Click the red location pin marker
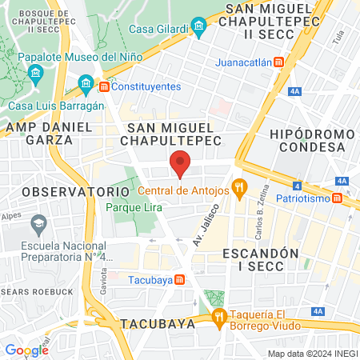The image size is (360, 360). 181,162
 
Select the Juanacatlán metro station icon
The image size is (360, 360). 278,62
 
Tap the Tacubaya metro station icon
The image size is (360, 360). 180,279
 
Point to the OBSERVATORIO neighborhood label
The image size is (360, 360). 64,192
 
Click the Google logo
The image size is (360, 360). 26,350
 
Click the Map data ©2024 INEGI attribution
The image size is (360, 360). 311,354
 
